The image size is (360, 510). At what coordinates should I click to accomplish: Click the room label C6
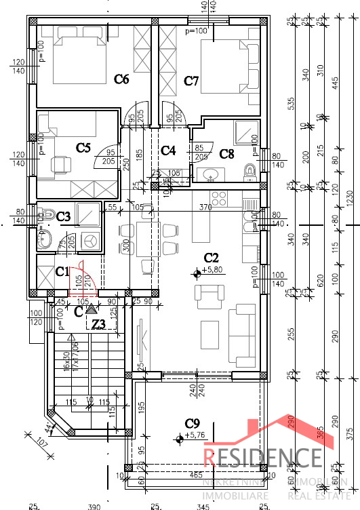(121, 79)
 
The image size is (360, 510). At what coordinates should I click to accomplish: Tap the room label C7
(191, 81)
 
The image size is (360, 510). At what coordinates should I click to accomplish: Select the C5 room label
(83, 147)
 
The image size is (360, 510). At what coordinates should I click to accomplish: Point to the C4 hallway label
(168, 150)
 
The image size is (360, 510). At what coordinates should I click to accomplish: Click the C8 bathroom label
(227, 154)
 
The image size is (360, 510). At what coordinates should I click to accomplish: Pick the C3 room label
(64, 216)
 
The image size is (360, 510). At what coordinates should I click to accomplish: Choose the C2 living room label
(212, 258)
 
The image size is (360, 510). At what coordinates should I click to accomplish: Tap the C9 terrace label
(193, 424)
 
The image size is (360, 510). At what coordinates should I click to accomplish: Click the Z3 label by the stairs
(99, 324)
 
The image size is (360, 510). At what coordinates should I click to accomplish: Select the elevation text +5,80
(213, 269)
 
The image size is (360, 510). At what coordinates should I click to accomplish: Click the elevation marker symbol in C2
(197, 273)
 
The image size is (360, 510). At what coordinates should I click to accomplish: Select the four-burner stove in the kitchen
(219, 199)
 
